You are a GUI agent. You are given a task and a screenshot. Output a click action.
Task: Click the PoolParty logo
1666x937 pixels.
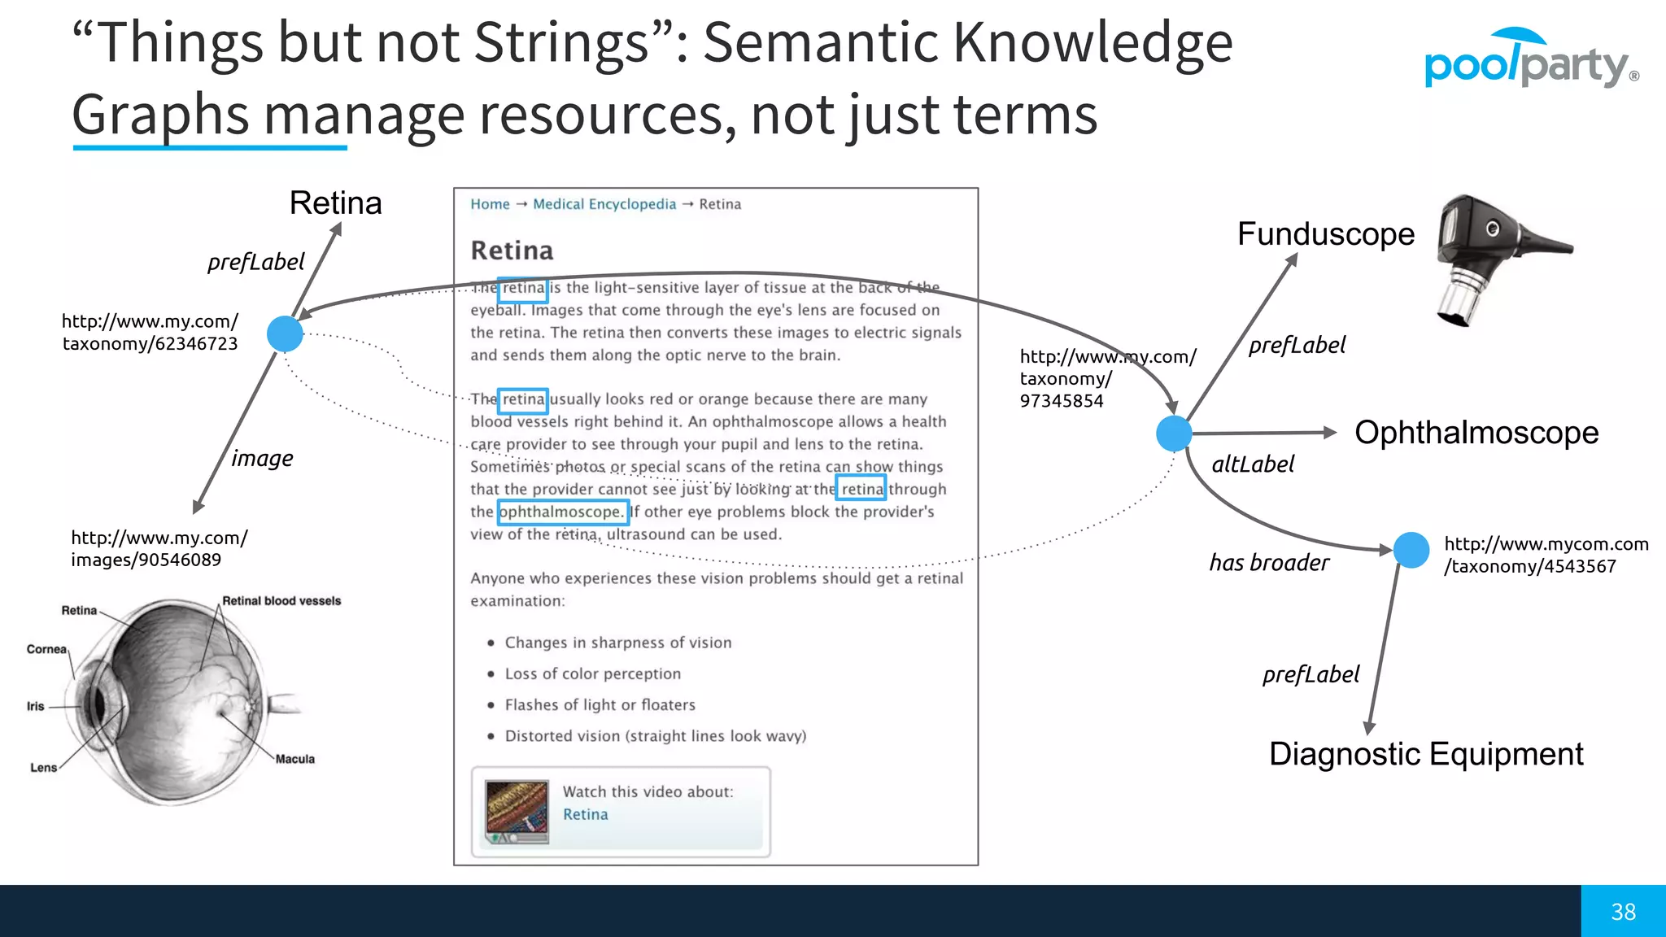[x=1530, y=61]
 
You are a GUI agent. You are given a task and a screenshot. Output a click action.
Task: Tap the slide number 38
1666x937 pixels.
[x=1623, y=912]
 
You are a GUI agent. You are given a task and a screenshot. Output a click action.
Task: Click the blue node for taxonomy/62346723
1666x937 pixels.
[x=285, y=333]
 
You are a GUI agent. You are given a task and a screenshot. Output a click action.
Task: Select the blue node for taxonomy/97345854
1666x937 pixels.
[x=1174, y=433]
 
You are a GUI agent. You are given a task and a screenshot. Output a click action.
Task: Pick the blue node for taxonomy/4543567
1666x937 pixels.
[x=1411, y=550]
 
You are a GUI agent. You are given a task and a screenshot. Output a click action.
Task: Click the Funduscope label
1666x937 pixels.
[x=1325, y=234]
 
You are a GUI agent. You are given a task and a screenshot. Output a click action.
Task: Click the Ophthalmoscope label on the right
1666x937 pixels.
[x=1476, y=433]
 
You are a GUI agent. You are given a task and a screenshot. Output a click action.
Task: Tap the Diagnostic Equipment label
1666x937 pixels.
[x=1425, y=754]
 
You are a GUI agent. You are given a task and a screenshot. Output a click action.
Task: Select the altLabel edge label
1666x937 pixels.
[x=1252, y=464]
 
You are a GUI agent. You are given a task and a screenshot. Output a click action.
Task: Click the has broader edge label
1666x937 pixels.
[x=1268, y=563]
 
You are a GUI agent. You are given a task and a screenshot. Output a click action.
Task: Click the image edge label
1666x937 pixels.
[x=262, y=459]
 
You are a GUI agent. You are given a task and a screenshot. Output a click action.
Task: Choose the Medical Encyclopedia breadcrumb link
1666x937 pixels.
[x=604, y=204]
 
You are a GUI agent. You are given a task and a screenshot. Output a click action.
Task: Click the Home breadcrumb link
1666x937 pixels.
[x=490, y=204]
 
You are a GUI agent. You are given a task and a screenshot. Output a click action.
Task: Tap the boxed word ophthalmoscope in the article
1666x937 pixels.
[x=562, y=512]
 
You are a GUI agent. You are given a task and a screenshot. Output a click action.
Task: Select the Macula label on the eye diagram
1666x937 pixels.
[x=294, y=759]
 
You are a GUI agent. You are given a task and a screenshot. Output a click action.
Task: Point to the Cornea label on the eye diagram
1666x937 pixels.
[x=46, y=649]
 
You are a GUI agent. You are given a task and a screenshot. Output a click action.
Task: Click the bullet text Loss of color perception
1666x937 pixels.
[x=592, y=673]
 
